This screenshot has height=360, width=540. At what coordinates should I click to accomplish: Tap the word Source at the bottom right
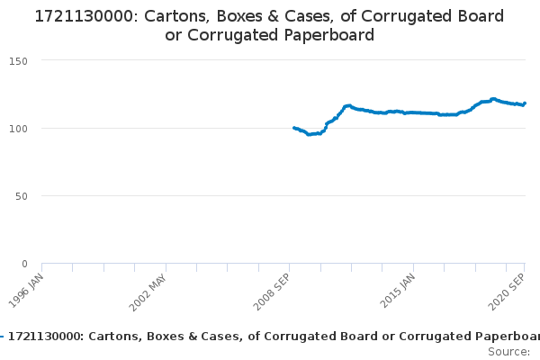pyautogui.click(x=508, y=351)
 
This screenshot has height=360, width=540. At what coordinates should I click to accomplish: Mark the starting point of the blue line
pyautogui.click(x=294, y=128)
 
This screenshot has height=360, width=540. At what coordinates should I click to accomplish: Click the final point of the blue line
pyautogui.click(x=525, y=103)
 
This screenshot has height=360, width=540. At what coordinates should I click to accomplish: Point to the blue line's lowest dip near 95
pyautogui.click(x=309, y=134)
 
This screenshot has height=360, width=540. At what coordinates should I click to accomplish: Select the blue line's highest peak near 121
pyautogui.click(x=493, y=99)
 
